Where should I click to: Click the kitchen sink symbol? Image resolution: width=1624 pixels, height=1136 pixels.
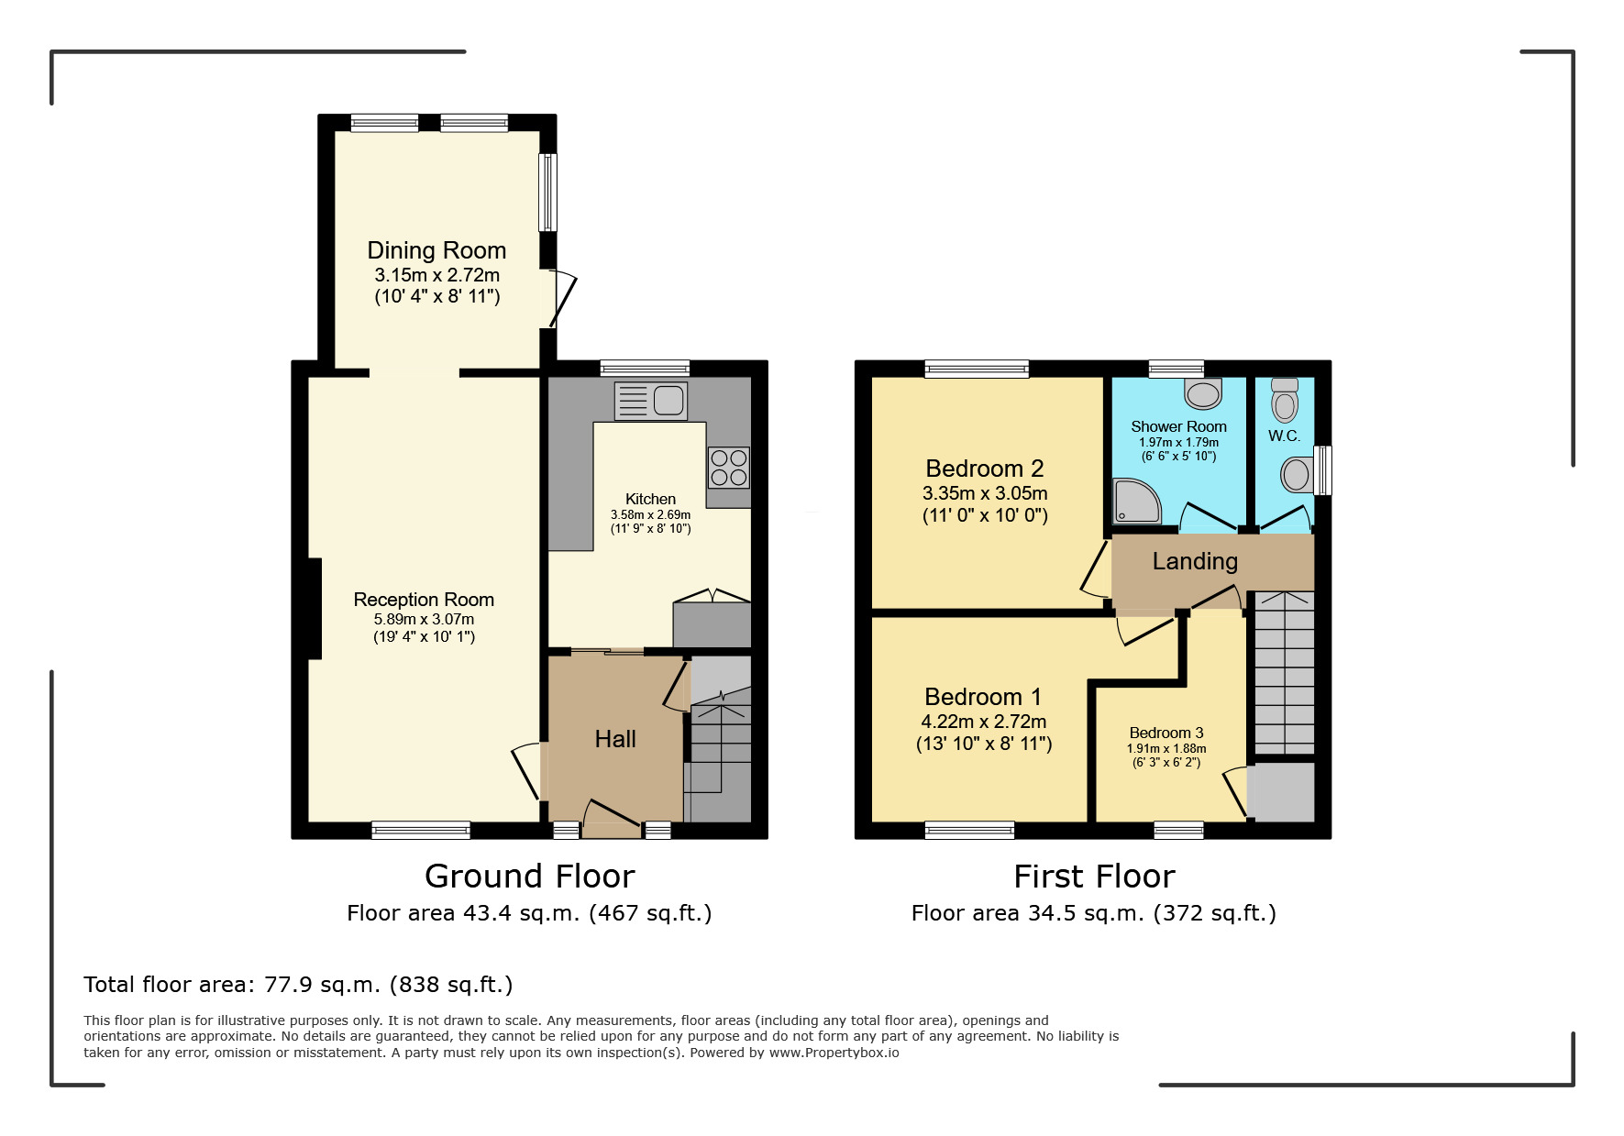point(651,401)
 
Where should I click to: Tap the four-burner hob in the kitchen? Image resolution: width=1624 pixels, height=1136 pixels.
point(729,468)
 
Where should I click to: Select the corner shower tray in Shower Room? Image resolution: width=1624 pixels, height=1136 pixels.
point(1136,502)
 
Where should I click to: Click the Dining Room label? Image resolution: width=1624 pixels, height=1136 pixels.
point(436,250)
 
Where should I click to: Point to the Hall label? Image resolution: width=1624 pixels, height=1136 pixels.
point(614,739)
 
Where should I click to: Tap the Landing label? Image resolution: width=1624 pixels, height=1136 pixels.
point(1195,561)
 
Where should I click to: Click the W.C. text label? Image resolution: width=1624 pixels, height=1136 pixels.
point(1284,436)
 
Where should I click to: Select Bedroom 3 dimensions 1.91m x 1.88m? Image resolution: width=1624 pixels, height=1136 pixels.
point(1166,748)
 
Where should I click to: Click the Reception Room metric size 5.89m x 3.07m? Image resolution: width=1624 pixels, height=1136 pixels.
point(424,619)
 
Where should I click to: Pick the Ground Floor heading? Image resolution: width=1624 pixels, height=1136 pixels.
point(529,877)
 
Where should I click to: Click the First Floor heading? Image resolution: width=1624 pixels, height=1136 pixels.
point(1094,877)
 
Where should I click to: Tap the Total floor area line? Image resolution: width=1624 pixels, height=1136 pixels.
point(298,985)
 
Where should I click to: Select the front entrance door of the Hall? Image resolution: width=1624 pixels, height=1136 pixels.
point(613,815)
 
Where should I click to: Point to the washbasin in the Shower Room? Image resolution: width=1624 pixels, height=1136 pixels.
point(1203,393)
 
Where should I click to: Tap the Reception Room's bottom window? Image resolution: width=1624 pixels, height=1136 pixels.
point(421,831)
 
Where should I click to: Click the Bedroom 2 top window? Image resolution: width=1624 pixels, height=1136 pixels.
point(977,369)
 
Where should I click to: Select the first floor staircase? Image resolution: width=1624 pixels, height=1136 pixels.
point(1284,674)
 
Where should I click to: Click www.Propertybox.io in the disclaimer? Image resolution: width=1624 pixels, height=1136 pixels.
point(834,1053)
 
